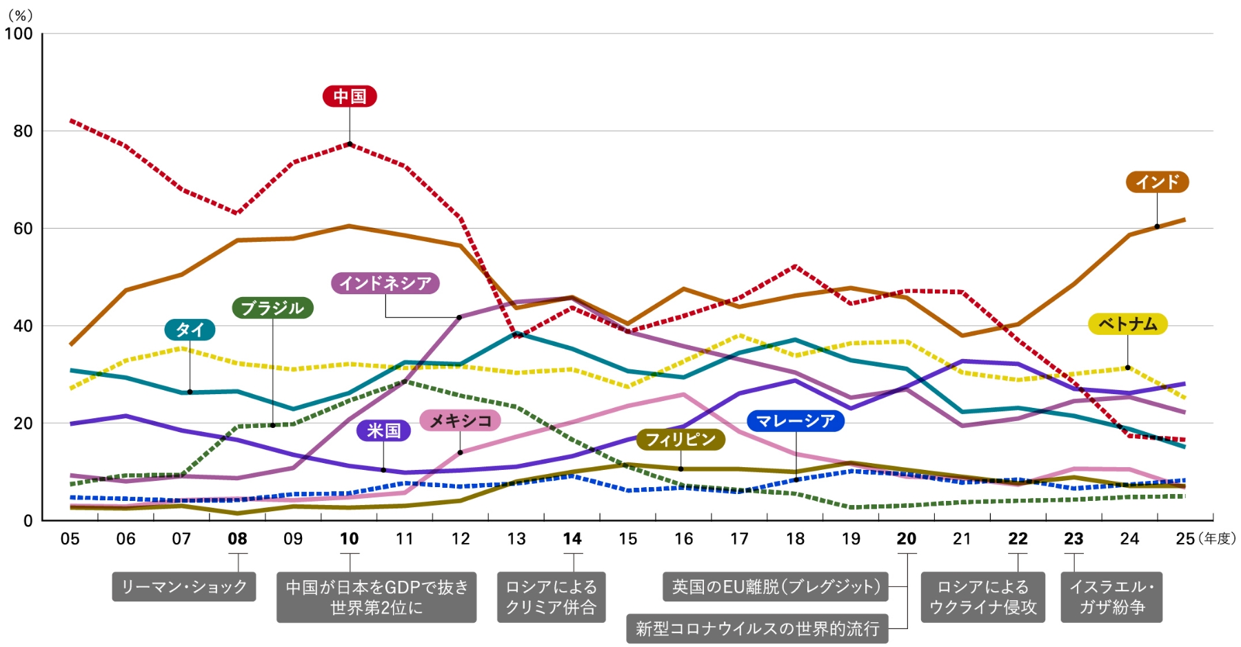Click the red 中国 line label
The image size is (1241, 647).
(350, 96)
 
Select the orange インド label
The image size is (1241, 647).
(1157, 182)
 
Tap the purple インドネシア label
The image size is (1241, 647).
(385, 283)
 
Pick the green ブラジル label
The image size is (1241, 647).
(272, 307)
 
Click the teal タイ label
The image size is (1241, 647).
(190, 329)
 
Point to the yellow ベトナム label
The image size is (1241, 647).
(1127, 324)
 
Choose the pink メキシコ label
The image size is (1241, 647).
(460, 420)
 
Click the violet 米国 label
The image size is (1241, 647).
(383, 431)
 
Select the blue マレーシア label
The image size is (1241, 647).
(795, 420)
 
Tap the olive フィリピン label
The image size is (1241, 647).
(680, 439)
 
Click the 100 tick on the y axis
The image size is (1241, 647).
(19, 34)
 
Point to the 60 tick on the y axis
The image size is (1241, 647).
(23, 229)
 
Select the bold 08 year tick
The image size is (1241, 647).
(237, 539)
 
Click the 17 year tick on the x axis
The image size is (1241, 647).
(739, 539)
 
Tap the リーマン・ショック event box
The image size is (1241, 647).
(184, 586)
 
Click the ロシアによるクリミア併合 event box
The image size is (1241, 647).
(551, 597)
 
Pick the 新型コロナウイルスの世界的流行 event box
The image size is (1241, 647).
(757, 628)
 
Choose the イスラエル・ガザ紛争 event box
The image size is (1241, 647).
(1111, 597)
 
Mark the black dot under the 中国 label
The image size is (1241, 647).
(350, 144)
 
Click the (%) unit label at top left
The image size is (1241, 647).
(20, 15)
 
